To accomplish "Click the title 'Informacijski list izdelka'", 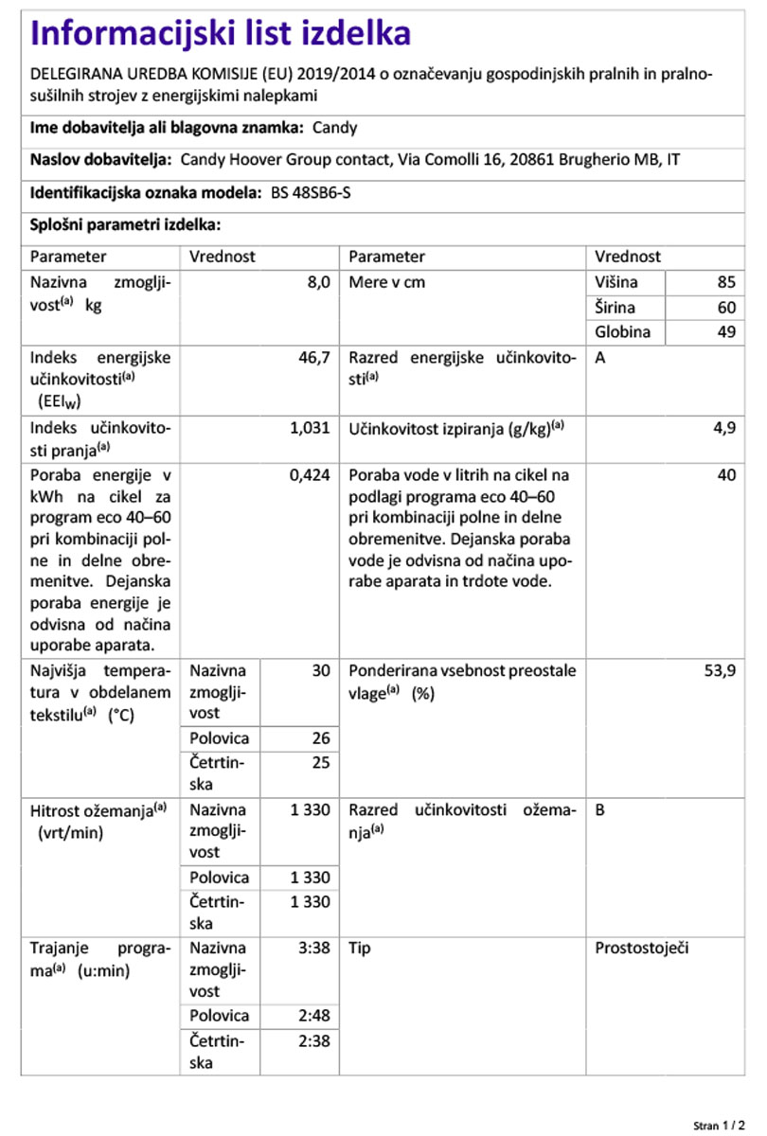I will [222, 34].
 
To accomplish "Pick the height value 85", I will [726, 282].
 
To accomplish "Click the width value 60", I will [726, 308].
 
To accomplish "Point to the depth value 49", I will [726, 332].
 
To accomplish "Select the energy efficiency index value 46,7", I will [312, 358].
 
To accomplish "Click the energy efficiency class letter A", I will [600, 358].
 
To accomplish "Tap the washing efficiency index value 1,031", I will [309, 427].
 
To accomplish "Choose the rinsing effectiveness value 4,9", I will [724, 427].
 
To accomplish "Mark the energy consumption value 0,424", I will [309, 475].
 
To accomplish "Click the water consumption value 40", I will [726, 475].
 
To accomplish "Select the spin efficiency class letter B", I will [600, 810].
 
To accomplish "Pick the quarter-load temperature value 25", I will [320, 762].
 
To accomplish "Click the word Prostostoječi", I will [641, 948].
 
